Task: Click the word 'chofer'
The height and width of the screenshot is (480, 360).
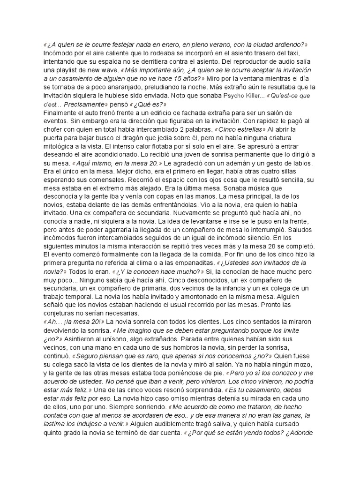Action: (x=52, y=130)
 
